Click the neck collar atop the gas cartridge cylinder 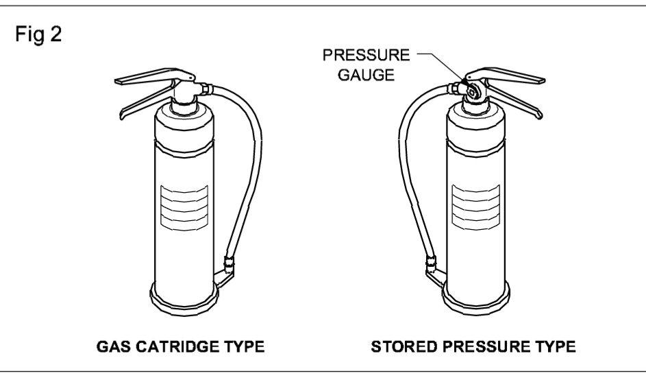pyautogui.click(x=186, y=105)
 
